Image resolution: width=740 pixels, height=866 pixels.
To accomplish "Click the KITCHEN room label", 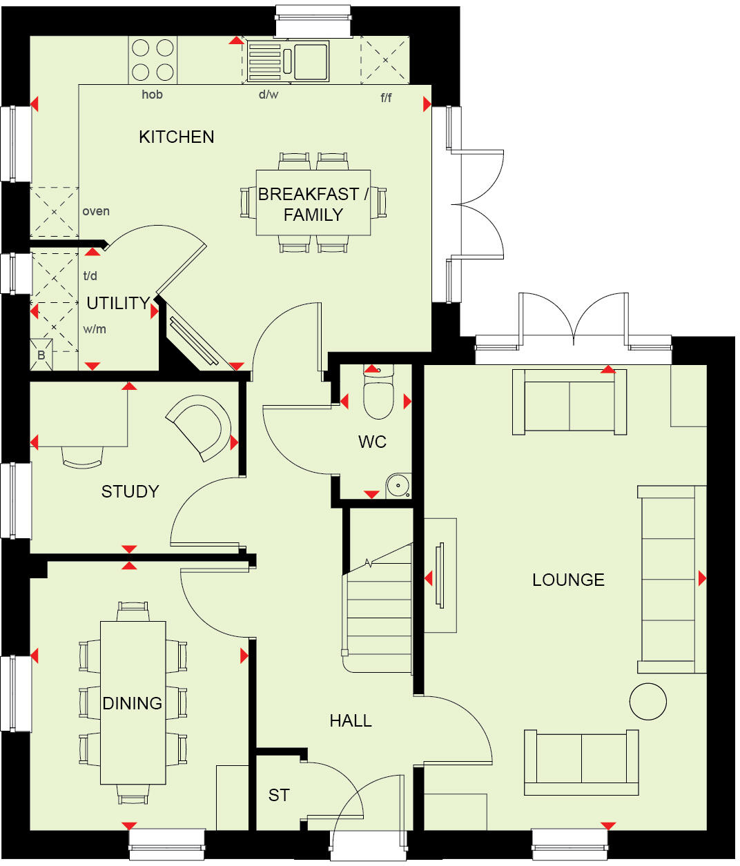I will click(176, 137).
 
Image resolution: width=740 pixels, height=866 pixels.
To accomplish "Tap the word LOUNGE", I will click(568, 580).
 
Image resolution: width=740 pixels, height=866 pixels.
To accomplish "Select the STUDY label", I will click(130, 491).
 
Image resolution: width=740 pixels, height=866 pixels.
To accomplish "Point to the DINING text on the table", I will click(133, 703).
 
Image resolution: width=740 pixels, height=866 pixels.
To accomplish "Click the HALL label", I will click(351, 720).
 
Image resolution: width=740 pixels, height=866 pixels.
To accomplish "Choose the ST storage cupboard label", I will click(279, 796).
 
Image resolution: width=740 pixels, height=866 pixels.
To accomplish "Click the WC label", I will click(372, 442).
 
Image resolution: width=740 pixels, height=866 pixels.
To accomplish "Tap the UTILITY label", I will click(118, 303).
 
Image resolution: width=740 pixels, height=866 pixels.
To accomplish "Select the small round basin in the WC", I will click(398, 485).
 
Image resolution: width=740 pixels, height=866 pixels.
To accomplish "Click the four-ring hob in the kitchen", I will click(153, 60).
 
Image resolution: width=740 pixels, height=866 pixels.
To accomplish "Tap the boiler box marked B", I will click(41, 354).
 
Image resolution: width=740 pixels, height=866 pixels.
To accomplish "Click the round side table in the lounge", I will click(647, 701).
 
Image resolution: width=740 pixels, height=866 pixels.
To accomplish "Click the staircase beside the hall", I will click(378, 607).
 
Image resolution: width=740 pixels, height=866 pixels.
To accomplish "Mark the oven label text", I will click(96, 211).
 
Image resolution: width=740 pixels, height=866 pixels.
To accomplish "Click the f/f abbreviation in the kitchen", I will click(386, 97).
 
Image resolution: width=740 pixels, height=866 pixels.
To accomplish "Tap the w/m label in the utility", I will click(95, 329).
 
